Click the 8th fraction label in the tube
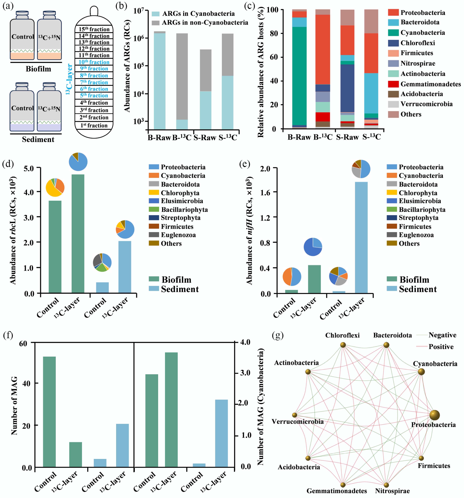click(x=94, y=75)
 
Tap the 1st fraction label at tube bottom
click(x=94, y=125)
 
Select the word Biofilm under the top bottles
click(x=38, y=69)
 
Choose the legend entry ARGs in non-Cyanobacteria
click(x=205, y=23)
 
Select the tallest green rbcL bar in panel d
click(x=78, y=233)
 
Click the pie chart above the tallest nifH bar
click(x=361, y=169)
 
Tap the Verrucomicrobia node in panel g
click(x=295, y=415)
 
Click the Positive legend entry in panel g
click(x=441, y=347)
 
